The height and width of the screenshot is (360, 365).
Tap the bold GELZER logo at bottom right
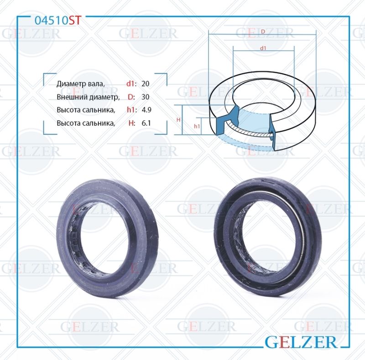click(302, 341)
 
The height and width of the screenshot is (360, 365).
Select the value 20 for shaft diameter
click(146, 84)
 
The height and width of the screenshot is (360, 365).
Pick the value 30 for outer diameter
click(146, 97)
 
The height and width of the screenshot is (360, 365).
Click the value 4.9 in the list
click(146, 110)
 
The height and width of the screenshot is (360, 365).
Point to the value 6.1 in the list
click(146, 123)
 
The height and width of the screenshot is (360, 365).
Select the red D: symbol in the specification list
click(131, 97)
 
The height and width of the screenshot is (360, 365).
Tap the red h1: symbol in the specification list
click(131, 110)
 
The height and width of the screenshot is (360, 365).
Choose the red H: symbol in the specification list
click(131, 123)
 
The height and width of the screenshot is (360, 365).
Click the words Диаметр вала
click(80, 84)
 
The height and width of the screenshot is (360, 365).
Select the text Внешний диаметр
click(88, 97)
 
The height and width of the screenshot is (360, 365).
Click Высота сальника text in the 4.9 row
click(85, 110)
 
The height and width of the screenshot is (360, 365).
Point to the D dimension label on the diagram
click(263, 31)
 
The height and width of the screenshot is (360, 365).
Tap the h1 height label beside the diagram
click(197, 126)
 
